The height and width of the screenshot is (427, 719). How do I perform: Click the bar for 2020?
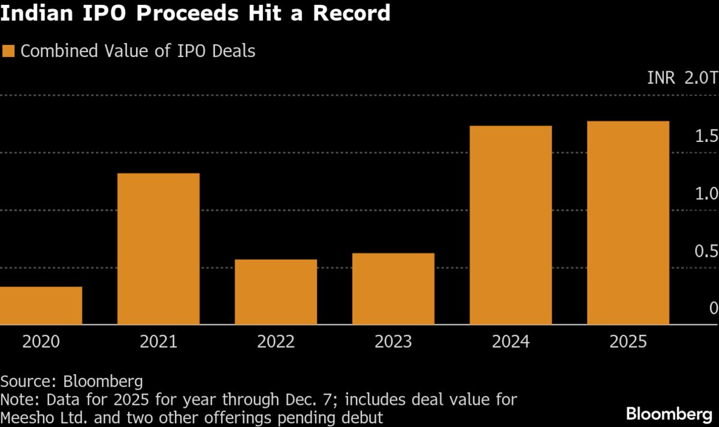click(41, 305)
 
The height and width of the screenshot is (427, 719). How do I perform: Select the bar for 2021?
click(158, 249)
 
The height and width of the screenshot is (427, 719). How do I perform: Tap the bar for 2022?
click(276, 292)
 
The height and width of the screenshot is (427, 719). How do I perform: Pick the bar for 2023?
click(393, 289)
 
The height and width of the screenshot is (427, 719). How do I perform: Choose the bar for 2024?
click(510, 225)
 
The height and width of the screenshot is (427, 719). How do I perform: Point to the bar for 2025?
click(628, 223)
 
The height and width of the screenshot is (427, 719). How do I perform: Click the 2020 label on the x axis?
click(41, 342)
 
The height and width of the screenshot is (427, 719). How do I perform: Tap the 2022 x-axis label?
click(276, 342)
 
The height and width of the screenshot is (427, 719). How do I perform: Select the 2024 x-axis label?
click(510, 342)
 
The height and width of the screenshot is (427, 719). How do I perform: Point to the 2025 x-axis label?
click(628, 342)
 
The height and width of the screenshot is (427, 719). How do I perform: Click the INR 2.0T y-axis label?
click(682, 78)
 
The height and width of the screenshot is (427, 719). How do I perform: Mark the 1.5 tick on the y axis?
click(707, 136)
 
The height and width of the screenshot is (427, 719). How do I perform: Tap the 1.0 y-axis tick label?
click(707, 193)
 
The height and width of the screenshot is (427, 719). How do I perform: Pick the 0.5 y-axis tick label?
click(707, 251)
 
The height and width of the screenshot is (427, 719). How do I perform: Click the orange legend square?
click(8, 51)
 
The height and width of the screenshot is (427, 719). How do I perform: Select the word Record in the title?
click(352, 13)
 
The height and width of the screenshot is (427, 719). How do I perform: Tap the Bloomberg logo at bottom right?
click(669, 414)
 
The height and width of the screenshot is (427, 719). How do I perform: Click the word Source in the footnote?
click(29, 381)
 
